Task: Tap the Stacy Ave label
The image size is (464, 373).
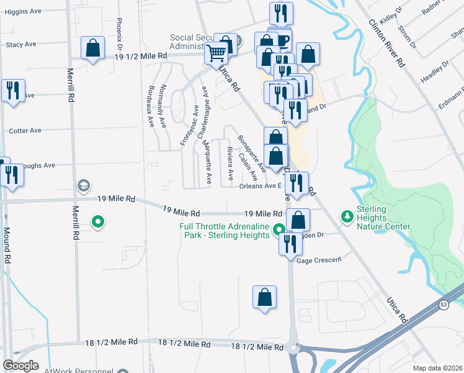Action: click(x=23, y=45)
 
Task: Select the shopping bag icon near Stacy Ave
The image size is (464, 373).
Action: click(x=92, y=48)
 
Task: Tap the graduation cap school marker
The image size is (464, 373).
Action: click(x=83, y=186)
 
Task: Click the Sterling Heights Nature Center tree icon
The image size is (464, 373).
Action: click(x=347, y=216)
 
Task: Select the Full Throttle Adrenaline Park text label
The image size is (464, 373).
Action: click(x=225, y=231)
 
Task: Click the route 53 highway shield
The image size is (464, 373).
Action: click(x=443, y=304)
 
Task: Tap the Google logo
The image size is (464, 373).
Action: click(x=20, y=366)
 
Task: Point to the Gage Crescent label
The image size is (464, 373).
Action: click(x=319, y=261)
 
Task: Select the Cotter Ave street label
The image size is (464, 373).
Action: click(x=25, y=131)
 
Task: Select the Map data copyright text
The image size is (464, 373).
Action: click(x=437, y=368)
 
